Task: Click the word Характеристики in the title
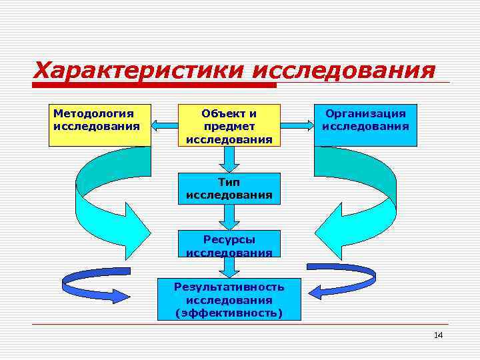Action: (x=140, y=69)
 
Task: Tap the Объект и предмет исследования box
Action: (x=229, y=125)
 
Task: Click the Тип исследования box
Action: (x=229, y=189)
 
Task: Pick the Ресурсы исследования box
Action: (x=229, y=245)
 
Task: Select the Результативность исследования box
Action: (x=229, y=299)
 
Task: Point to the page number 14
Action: (x=438, y=335)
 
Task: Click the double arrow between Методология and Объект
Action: (x=164, y=124)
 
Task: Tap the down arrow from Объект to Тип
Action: (x=229, y=159)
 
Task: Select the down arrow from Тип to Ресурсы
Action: (x=229, y=217)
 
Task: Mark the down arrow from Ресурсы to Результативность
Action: (x=229, y=267)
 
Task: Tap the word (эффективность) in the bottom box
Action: (x=229, y=313)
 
